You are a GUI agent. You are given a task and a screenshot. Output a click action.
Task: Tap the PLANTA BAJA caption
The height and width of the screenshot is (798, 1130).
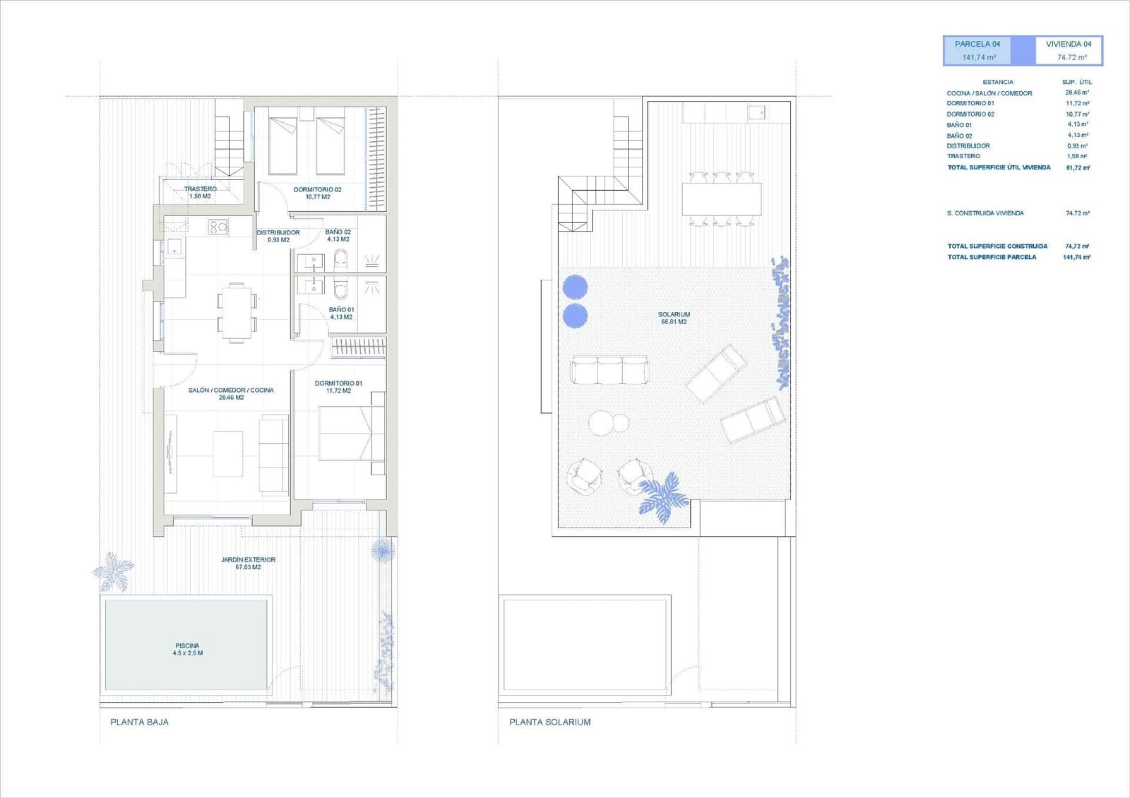pos(139,722)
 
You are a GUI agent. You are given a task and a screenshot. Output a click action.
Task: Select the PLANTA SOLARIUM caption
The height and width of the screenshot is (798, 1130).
pos(549,722)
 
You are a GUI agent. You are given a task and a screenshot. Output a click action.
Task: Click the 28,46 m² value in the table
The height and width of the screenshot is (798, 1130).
pos(1076,93)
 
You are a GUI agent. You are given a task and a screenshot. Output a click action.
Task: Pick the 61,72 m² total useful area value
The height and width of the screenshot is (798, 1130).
pos(1078,168)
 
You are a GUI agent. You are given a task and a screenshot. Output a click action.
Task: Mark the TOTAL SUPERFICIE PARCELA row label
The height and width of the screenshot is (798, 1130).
pos(992,257)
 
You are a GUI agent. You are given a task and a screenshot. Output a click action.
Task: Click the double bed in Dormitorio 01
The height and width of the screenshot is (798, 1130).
pos(345,433)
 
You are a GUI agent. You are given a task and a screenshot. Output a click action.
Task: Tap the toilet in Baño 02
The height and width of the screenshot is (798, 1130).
pos(341,260)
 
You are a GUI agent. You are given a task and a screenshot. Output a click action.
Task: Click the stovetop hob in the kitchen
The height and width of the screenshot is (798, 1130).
pos(217,227)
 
